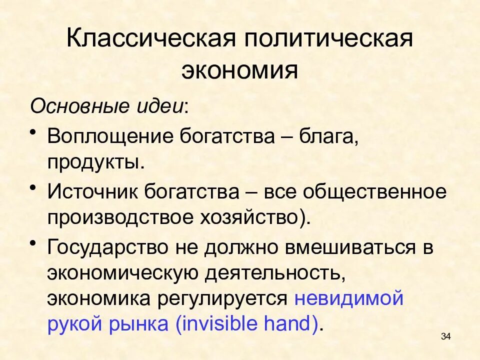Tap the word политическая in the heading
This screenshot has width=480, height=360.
pos(329,39)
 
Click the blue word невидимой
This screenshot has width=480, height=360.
pos(348,299)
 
